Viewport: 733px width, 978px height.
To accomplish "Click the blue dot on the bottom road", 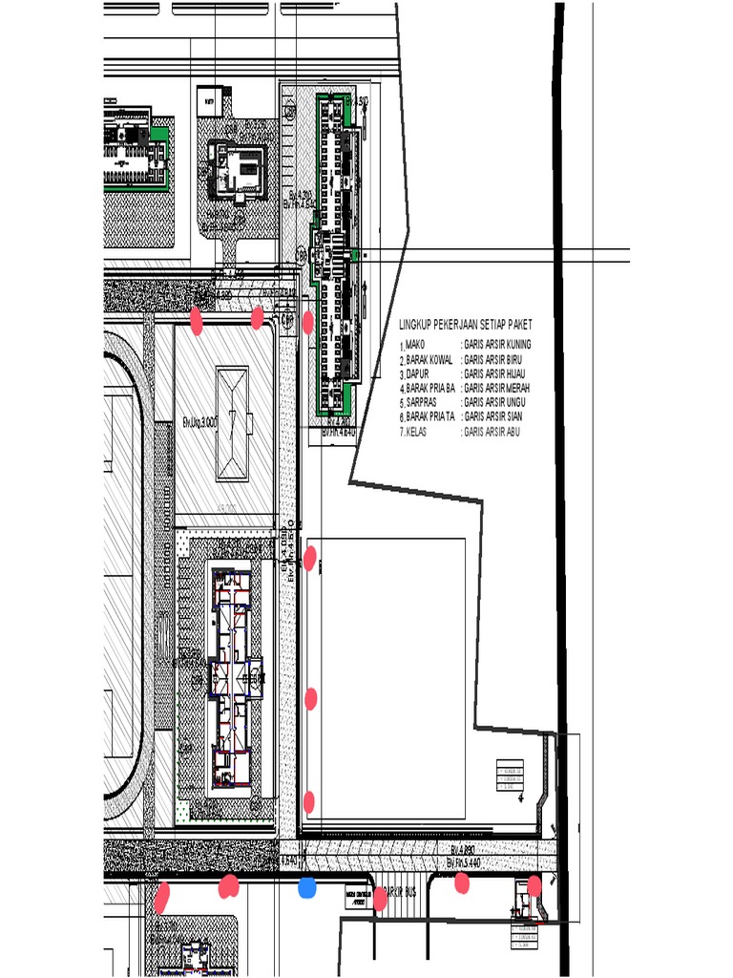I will click(x=307, y=888).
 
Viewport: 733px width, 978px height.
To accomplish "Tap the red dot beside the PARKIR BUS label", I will click(x=380, y=898).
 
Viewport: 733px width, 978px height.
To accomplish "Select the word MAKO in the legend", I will click(x=414, y=344).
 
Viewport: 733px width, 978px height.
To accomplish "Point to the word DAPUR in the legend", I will click(x=417, y=373).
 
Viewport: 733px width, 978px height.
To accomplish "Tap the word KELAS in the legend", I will click(x=417, y=432).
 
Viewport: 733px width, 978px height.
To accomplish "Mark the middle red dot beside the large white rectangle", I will click(x=310, y=698).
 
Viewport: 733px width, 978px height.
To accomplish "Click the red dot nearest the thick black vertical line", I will click(x=534, y=886).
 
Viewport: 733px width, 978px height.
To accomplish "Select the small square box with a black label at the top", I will click(x=210, y=99).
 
